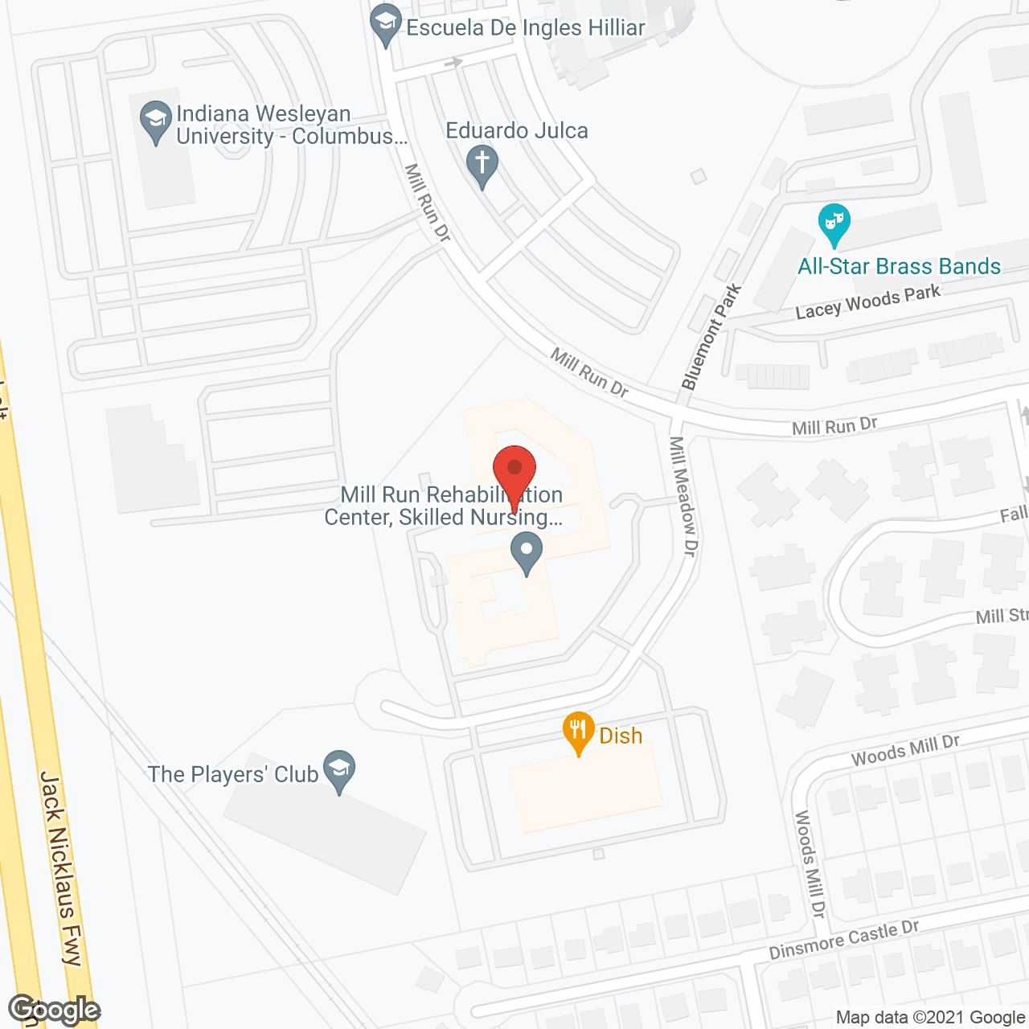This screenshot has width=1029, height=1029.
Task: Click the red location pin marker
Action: coord(514,470)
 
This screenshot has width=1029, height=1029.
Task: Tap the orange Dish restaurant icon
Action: coord(578,731)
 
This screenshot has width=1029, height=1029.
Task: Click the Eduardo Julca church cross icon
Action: coord(482,166)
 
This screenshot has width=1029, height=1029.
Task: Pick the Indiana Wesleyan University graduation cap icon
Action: coord(155,121)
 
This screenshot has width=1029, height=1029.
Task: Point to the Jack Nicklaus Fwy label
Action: coord(62,868)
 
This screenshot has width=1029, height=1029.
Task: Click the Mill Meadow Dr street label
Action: coord(683,496)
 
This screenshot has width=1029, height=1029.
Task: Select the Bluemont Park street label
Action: coord(711,338)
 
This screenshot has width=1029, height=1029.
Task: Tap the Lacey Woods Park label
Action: coord(867,302)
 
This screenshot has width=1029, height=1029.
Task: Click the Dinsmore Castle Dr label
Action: coord(843,940)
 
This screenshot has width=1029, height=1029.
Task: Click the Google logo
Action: coord(55,1010)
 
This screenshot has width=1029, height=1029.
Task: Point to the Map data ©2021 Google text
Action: coord(930,1017)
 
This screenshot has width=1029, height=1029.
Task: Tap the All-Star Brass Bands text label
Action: coord(899,266)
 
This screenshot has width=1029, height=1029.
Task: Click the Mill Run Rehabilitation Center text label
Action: coord(443,506)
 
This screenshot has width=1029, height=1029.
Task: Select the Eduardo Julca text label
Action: coord(517,130)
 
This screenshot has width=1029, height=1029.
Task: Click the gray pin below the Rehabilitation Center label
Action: coord(527,552)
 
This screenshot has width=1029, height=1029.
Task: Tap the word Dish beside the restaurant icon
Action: coord(621,736)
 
